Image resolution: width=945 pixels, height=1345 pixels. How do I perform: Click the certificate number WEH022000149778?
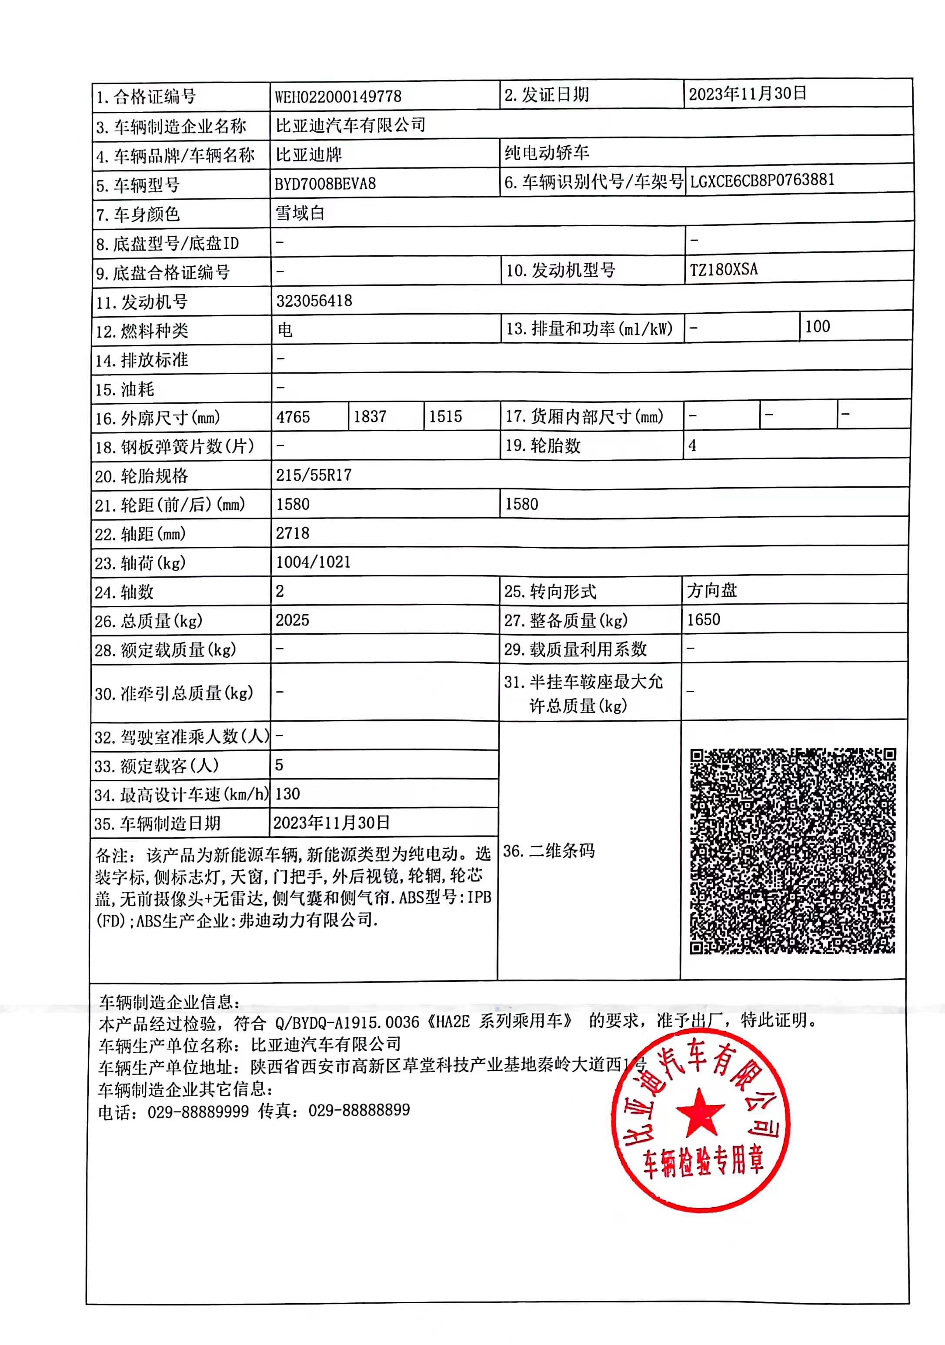click(x=338, y=96)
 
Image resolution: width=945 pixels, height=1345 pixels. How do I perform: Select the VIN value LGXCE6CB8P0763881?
click(x=762, y=181)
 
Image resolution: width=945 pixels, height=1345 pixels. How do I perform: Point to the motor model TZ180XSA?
click(x=723, y=269)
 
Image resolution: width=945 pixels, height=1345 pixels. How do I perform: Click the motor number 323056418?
click(x=314, y=301)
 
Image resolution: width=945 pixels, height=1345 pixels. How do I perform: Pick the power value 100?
click(x=817, y=327)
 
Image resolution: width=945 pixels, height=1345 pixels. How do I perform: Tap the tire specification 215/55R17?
click(x=314, y=475)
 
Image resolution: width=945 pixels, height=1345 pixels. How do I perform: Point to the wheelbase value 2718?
click(x=292, y=533)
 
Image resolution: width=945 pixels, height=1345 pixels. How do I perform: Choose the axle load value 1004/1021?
click(x=313, y=562)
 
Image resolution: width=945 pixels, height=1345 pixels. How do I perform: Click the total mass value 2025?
click(x=292, y=620)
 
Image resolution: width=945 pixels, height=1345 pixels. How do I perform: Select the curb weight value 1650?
click(x=703, y=620)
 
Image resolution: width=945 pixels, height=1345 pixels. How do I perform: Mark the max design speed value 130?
click(x=287, y=794)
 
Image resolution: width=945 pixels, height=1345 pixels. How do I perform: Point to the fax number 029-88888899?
click(x=359, y=1110)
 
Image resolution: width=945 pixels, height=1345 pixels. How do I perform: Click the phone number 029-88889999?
click(x=198, y=1111)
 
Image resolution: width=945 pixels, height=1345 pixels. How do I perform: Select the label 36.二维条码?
click(x=549, y=851)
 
